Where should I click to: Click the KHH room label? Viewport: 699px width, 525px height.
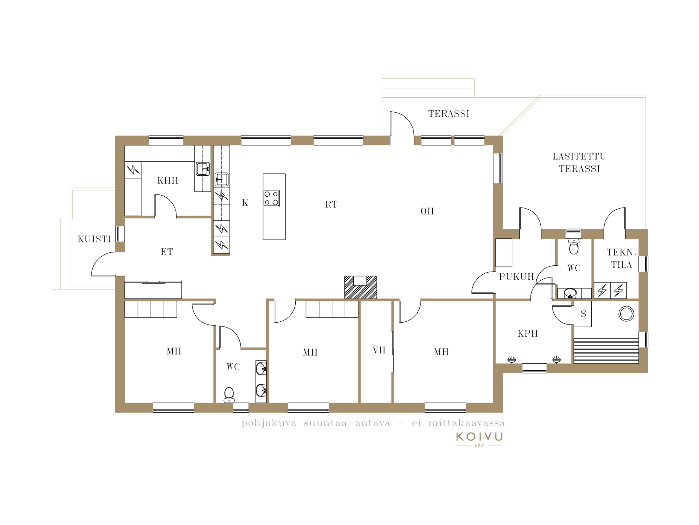tap(168, 181)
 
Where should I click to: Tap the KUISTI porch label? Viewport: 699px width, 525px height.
tap(94, 239)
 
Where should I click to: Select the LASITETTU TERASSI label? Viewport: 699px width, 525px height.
tap(579, 162)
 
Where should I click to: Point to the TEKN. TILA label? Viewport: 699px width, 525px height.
tap(621, 258)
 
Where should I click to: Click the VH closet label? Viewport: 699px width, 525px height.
tap(379, 350)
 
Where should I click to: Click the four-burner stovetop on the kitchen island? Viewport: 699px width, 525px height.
tap(272, 198)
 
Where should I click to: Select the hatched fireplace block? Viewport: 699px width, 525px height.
tap(361, 287)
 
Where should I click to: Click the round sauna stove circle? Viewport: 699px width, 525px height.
tap(626, 314)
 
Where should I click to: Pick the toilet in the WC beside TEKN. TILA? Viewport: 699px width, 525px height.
tap(574, 246)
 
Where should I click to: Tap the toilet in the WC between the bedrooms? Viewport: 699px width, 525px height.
tap(229, 394)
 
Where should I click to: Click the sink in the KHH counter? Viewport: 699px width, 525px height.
tap(203, 169)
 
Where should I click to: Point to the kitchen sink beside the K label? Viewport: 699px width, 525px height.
tap(222, 180)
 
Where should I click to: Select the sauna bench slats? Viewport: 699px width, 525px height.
tap(606, 351)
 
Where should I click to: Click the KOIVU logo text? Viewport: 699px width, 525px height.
tap(480, 437)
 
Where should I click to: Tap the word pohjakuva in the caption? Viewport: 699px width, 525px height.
tap(269, 423)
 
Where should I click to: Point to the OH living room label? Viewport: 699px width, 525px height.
tap(427, 211)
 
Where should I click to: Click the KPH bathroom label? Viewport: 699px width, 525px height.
tap(528, 333)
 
